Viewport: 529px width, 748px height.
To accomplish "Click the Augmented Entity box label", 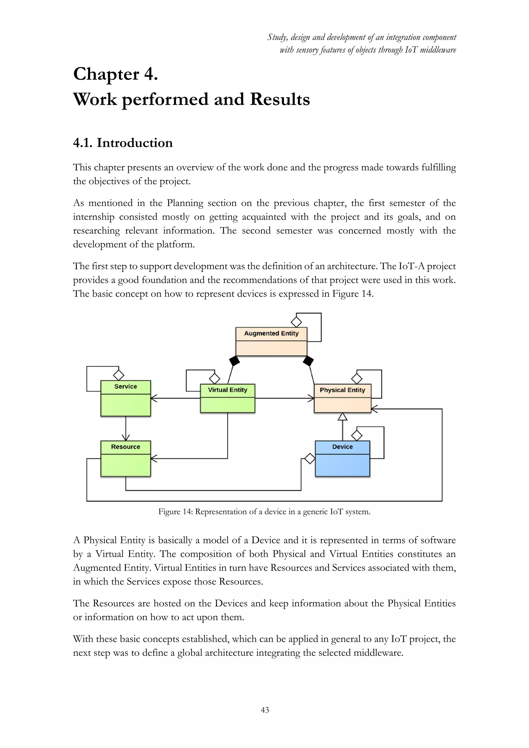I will click(271, 333).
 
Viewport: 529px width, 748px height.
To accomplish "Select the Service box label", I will click(126, 386).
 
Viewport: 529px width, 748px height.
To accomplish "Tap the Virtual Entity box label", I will click(227, 390).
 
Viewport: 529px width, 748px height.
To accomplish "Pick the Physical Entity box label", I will click(342, 390).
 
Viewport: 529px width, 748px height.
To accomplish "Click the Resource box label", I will click(126, 447).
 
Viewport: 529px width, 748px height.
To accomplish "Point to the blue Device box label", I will click(342, 447).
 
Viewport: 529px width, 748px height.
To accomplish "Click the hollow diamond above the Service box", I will click(119, 375).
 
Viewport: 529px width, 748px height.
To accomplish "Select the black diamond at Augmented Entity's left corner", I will click(235, 361).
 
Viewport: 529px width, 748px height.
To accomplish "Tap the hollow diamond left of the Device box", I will click(309, 458).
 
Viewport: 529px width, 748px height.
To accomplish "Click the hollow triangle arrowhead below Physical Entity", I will click(342, 417).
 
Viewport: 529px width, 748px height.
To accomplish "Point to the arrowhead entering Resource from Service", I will click(126, 438).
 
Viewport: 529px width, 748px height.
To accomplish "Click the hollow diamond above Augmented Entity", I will click(296, 322).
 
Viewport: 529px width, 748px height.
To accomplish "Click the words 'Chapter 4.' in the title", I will click(116, 74).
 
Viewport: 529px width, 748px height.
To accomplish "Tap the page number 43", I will click(265, 710).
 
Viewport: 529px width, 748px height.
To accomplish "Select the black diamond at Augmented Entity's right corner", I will click(308, 361).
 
